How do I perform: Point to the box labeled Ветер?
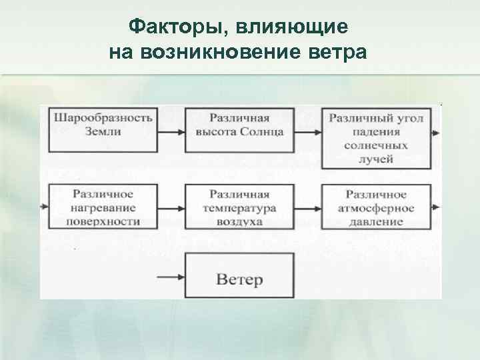coord(239,278)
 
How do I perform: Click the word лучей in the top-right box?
coord(378,159)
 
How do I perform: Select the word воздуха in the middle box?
coord(239,221)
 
